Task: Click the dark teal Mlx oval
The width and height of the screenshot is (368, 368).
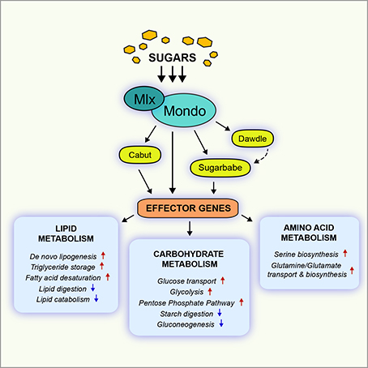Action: pyautogui.click(x=144, y=99)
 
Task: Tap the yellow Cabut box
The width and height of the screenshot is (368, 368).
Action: pyautogui.click(x=140, y=155)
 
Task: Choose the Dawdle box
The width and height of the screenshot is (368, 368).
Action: pyautogui.click(x=252, y=139)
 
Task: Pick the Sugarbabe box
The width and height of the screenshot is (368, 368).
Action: pyautogui.click(x=220, y=168)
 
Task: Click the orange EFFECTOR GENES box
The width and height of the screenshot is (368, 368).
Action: pyautogui.click(x=188, y=208)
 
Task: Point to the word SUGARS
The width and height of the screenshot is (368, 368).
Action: pyautogui.click(x=173, y=58)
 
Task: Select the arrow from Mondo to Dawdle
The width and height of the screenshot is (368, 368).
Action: pyautogui.click(x=223, y=126)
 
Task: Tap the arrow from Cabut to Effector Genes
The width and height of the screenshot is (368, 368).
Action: pyautogui.click(x=145, y=182)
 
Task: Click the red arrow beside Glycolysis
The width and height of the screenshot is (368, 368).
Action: pyautogui.click(x=210, y=292)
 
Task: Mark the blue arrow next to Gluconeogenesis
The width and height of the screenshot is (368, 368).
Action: pyautogui.click(x=221, y=323)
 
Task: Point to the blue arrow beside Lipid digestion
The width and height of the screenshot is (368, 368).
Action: pyautogui.click(x=93, y=288)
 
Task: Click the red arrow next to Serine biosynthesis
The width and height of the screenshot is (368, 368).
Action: pyautogui.click(x=345, y=254)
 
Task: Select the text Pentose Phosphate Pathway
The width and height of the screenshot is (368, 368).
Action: pyautogui.click(x=186, y=303)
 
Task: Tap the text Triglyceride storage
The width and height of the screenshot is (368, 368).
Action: pyautogui.click(x=63, y=267)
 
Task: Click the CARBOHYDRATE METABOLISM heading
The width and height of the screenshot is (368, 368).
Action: pyautogui.click(x=189, y=259)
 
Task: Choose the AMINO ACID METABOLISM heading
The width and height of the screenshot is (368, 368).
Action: pyautogui.click(x=309, y=233)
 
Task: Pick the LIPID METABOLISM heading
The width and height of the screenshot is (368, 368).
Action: pyautogui.click(x=66, y=233)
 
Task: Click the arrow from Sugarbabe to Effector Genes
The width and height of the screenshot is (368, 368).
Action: pyautogui.click(x=214, y=188)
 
